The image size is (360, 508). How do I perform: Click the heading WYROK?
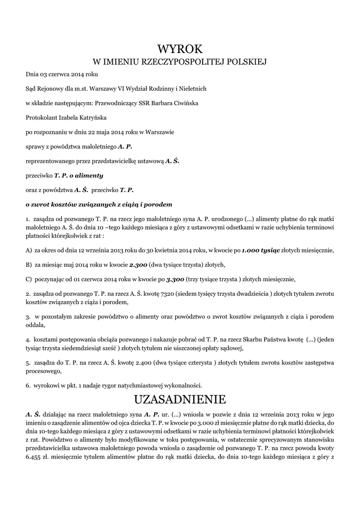[180, 49]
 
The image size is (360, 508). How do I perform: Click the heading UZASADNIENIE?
[180, 399]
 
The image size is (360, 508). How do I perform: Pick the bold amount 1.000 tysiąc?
[261, 250]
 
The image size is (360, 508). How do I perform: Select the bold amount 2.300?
[139, 264]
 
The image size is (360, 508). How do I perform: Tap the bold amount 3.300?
[176, 279]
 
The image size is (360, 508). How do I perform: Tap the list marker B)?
[29, 264]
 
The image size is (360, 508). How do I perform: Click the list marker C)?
[29, 279]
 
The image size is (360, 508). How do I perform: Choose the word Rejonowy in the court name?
[49, 89]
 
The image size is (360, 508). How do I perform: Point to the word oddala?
[35, 325]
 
